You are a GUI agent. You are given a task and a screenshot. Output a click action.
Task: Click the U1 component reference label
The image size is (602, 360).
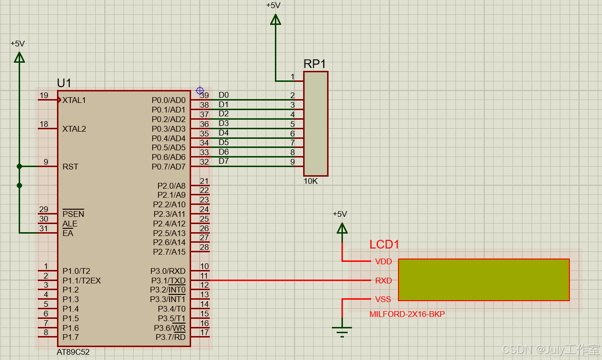click(x=64, y=82)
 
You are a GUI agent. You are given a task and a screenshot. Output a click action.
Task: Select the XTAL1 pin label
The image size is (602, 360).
click(x=74, y=100)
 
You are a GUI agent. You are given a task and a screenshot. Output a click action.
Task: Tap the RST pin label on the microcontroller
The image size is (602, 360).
click(x=70, y=167)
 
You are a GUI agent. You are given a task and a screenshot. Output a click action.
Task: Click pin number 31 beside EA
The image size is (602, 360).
click(x=44, y=228)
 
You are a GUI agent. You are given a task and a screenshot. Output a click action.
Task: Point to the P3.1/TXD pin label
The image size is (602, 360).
click(x=168, y=281)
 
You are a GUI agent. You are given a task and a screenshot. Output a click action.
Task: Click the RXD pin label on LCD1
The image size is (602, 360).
click(x=383, y=281)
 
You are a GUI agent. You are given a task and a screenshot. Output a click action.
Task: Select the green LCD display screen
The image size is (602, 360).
click(x=484, y=280)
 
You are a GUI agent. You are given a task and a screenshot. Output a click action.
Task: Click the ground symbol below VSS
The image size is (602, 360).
click(x=342, y=330)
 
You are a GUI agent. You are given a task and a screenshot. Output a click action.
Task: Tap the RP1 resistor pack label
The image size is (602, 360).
click(x=315, y=64)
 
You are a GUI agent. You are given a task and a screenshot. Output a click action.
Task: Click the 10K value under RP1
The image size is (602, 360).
click(x=310, y=181)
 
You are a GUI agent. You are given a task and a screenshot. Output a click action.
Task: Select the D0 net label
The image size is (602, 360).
click(x=224, y=95)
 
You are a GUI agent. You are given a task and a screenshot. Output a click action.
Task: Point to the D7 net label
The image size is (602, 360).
click(x=224, y=161)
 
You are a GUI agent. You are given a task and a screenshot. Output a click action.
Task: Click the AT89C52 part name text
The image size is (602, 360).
click(x=73, y=352)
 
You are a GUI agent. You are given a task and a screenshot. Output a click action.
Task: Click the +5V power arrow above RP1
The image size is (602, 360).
click(x=275, y=20)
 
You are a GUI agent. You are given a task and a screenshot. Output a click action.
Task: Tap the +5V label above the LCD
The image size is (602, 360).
click(x=340, y=214)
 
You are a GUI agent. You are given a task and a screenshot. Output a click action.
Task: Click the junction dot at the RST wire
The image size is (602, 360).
click(x=19, y=167)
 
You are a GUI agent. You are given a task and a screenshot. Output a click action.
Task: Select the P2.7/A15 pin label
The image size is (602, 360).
click(x=169, y=252)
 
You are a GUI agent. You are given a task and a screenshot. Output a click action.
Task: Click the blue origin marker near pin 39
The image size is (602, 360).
click(x=200, y=90)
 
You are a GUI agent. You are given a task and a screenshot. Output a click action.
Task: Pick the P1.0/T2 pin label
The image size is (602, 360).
click(x=77, y=271)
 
